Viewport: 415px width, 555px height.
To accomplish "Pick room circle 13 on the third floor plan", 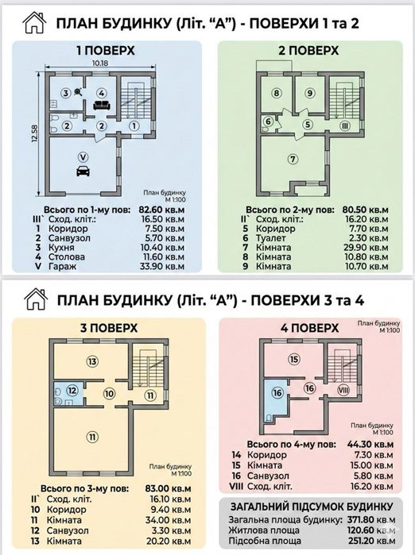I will click(93, 361).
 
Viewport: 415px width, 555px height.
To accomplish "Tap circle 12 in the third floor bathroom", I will click(72, 390).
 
